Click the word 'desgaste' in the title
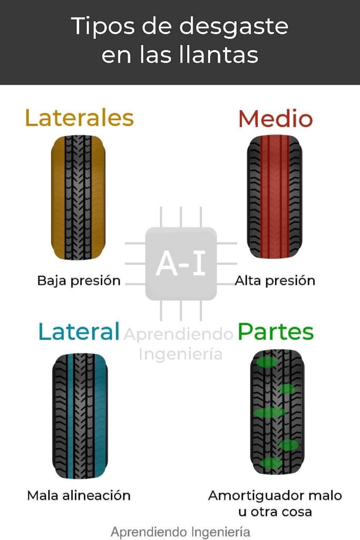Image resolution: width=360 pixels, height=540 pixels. (x=235, y=26)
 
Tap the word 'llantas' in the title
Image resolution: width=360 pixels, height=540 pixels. (x=218, y=55)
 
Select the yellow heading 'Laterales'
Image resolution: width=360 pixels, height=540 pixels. (x=79, y=118)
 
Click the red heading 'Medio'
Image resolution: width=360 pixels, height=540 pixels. (x=275, y=119)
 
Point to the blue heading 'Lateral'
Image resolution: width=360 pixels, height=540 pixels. (x=79, y=332)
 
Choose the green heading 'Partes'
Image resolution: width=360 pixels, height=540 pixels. (x=276, y=332)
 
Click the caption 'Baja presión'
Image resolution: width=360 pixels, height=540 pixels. (x=79, y=281)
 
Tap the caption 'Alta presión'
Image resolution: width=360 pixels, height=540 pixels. (x=275, y=281)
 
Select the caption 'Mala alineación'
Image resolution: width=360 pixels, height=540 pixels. (x=79, y=495)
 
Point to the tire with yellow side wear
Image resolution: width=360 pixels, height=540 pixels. (x=78, y=198)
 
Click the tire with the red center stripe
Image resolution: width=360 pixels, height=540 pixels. (x=275, y=198)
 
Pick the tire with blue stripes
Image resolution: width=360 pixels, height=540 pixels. (x=79, y=416)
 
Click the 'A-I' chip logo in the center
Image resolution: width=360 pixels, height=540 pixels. (x=181, y=264)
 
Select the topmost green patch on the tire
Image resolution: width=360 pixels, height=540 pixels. (x=267, y=362)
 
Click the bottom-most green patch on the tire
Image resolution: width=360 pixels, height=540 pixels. (x=271, y=463)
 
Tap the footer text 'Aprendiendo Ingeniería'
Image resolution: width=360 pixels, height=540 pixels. (x=180, y=531)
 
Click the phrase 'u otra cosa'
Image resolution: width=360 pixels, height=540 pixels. (x=275, y=512)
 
